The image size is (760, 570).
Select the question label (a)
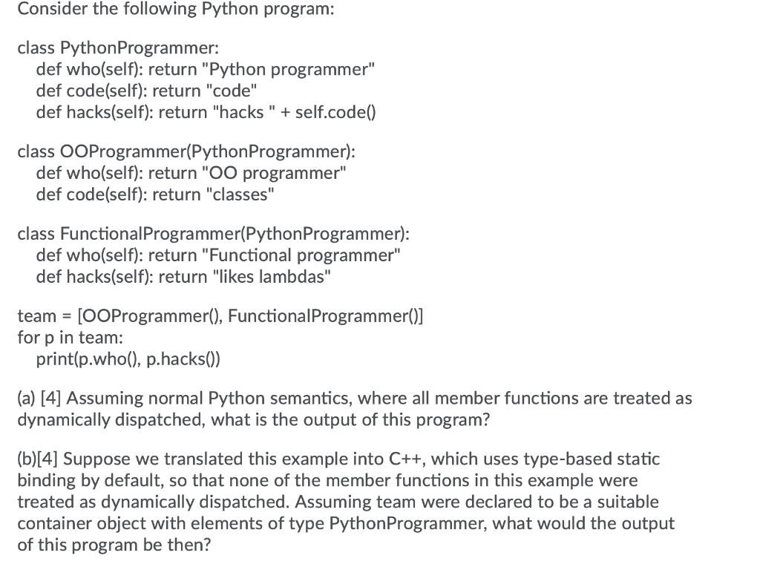27,399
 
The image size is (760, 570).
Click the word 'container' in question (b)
53,522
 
